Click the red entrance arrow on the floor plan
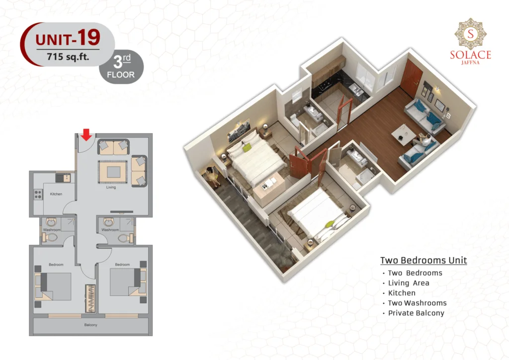[86, 134]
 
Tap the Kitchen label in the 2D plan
[56, 194]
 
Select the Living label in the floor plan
[111, 187]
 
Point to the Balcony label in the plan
[90, 325]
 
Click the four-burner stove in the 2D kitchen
[38, 194]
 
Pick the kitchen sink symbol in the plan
[63, 178]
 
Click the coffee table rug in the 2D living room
[112, 172]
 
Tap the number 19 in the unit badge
[89, 37]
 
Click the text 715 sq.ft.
[68, 57]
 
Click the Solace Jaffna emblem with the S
[470, 34]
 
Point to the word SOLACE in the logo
[470, 55]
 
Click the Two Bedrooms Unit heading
[424, 261]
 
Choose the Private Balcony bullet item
[414, 313]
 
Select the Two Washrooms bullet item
[415, 303]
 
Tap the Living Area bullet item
[406, 283]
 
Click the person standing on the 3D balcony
[213, 176]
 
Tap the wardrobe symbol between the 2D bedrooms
[90, 299]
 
